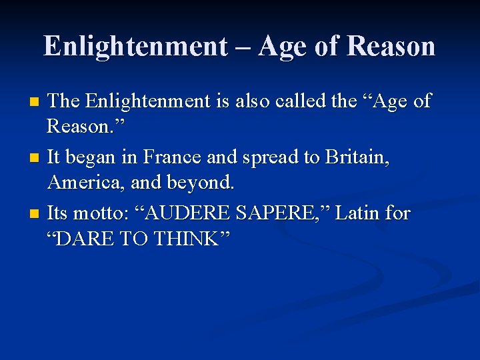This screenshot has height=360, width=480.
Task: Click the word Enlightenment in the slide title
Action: pyautogui.click(x=135, y=46)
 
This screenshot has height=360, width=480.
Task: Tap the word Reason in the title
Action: pyautogui.click(x=391, y=46)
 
